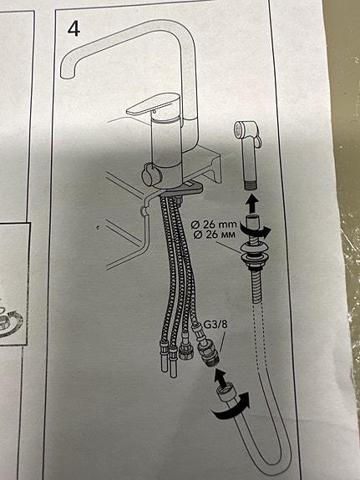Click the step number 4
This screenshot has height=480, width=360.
74,30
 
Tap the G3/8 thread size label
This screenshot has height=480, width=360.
215,325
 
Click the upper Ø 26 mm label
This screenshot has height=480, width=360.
214,225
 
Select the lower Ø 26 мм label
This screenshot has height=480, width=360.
214,235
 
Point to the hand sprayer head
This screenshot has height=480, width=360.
246,132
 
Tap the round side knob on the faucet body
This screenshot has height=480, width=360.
150,174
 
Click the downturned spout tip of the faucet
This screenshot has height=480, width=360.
68,71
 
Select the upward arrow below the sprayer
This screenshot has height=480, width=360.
253,203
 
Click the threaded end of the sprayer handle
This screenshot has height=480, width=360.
251,184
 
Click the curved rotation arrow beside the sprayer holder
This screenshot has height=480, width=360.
254,230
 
